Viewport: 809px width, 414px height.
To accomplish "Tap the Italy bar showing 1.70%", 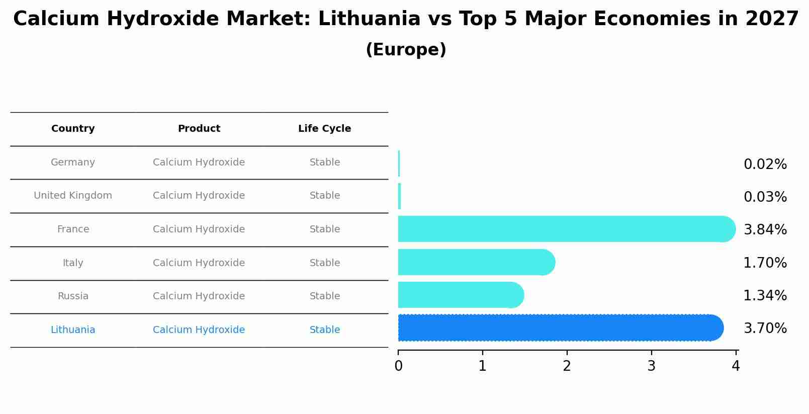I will [476, 262].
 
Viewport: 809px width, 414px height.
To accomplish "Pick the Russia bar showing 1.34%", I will [460, 295].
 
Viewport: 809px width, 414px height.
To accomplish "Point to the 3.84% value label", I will [765, 230].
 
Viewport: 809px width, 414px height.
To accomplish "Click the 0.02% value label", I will [765, 164].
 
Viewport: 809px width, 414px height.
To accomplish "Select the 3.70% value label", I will [765, 328].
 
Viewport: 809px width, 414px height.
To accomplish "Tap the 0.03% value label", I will [765, 197].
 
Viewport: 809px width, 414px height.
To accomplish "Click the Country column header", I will [73, 129].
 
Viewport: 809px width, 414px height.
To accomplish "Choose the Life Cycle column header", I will [324, 129].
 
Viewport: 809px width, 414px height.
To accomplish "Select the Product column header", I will [199, 129].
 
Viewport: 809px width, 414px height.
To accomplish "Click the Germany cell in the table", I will [73, 162].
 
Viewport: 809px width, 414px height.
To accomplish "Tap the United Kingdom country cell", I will [73, 196].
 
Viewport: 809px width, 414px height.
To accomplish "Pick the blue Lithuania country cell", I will [73, 330].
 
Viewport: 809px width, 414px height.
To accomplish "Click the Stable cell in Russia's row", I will [325, 296].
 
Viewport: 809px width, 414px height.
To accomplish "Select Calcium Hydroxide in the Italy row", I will [199, 263].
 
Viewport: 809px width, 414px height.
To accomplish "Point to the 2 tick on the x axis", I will [567, 366].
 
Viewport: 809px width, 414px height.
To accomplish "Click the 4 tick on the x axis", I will [736, 366].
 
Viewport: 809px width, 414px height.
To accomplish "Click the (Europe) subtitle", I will [406, 50].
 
